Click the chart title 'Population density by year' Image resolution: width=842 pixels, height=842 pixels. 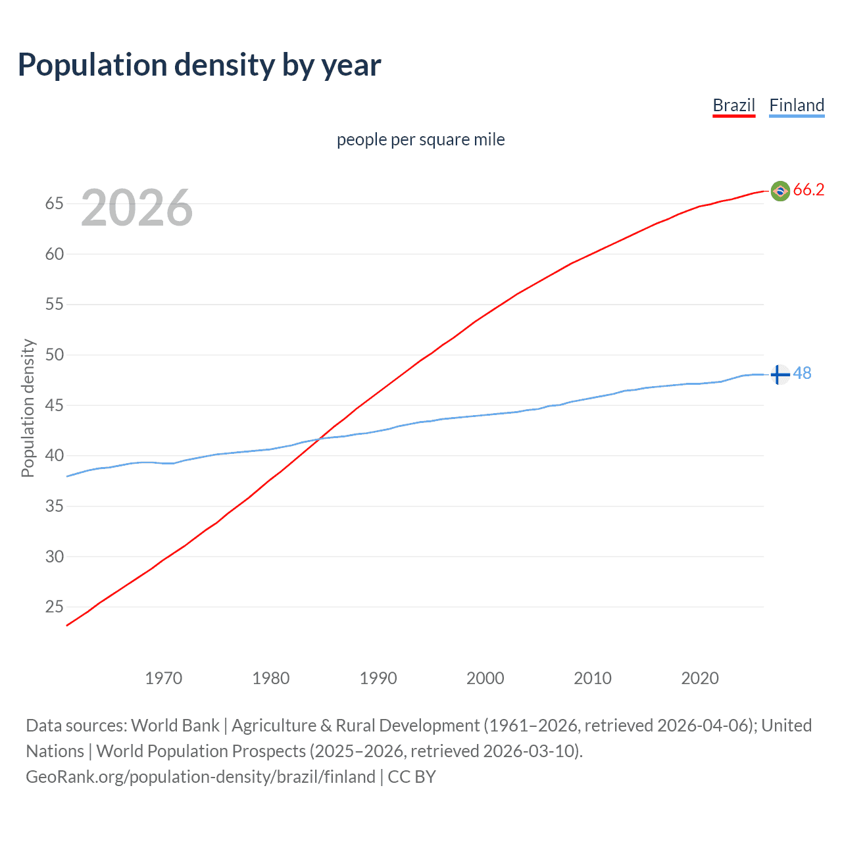199,65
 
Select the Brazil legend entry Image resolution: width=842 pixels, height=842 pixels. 733,105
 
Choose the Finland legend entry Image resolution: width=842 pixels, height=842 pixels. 797,105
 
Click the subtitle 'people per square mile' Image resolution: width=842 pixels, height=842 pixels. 420,139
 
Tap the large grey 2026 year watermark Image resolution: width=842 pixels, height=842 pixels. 137,208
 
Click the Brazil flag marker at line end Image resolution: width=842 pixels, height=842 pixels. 780,191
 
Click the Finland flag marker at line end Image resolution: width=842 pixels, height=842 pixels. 780,374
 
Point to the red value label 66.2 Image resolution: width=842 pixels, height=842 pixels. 808,190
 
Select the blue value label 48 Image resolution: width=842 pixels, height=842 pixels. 802,374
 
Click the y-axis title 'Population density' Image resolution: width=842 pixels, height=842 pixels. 28,408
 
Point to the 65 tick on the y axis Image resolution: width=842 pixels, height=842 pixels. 54,204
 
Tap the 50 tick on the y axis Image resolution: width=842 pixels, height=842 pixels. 54,355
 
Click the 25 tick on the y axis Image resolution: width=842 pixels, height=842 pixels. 54,607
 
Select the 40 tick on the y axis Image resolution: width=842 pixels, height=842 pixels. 54,456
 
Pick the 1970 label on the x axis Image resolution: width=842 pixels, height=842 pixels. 163,678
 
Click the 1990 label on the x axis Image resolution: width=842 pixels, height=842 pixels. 378,678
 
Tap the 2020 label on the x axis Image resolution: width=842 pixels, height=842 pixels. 699,678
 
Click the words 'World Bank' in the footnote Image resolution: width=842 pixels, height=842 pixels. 175,726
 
